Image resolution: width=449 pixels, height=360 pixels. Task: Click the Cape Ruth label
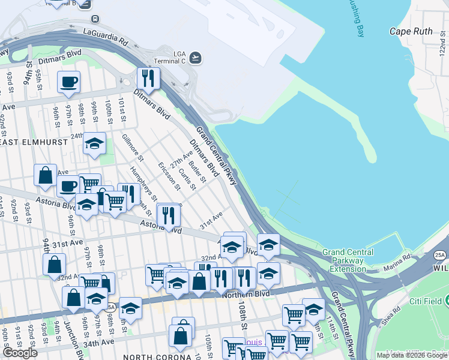411,31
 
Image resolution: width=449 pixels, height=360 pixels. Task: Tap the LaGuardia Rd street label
106,37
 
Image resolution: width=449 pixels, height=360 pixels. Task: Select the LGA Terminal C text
172,58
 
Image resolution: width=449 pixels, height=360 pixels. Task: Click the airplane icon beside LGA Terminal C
195,58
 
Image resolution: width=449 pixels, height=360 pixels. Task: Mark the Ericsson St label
169,175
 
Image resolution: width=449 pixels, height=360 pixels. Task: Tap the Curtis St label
187,177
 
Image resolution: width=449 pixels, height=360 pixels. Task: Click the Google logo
20,353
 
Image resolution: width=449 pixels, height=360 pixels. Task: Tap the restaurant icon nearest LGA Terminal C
148,79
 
